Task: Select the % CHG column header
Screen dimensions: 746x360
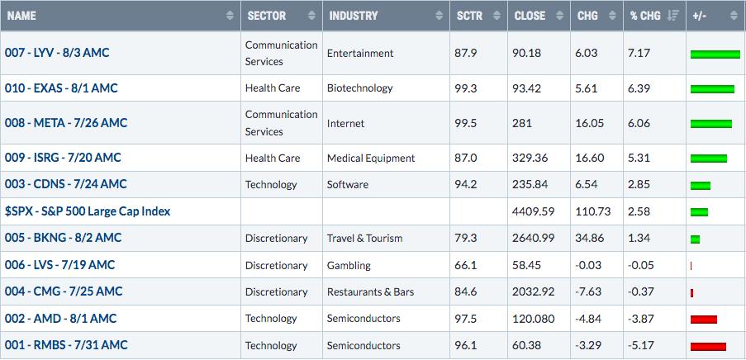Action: (x=644, y=15)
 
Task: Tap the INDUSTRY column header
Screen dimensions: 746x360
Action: (x=353, y=15)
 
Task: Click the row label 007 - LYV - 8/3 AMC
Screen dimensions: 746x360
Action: (x=57, y=53)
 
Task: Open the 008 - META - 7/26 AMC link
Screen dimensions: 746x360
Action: (x=66, y=123)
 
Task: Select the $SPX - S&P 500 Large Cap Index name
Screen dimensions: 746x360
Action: (x=88, y=211)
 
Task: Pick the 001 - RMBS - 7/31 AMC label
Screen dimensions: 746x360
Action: (x=66, y=345)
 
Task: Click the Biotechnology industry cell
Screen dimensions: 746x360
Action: (x=359, y=88)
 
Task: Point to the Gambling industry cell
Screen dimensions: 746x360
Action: (x=349, y=265)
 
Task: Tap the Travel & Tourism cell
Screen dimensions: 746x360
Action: (x=364, y=239)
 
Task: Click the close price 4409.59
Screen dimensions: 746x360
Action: (x=534, y=211)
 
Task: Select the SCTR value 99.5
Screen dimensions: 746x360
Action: (x=466, y=123)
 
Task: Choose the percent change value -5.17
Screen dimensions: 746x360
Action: (x=639, y=345)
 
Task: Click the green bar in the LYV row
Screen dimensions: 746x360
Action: (x=715, y=54)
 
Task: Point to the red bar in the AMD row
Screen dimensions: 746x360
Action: (x=704, y=320)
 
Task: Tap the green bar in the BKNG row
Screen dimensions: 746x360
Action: (x=695, y=239)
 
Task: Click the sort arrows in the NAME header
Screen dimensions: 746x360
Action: (x=230, y=16)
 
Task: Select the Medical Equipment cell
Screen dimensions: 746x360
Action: (x=371, y=158)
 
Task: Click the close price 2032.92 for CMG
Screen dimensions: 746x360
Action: (x=534, y=291)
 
